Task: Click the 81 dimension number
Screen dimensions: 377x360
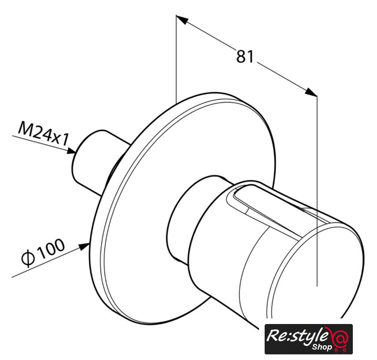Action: [245, 57]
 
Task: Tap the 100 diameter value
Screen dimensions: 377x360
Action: [51, 248]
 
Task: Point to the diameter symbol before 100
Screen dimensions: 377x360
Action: [28, 259]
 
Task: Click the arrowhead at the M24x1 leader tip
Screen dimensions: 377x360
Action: [71, 151]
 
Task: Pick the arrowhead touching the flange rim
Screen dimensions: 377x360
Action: [84, 247]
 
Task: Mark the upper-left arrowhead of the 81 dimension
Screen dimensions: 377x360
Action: [182, 20]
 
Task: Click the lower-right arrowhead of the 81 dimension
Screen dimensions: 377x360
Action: [311, 92]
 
